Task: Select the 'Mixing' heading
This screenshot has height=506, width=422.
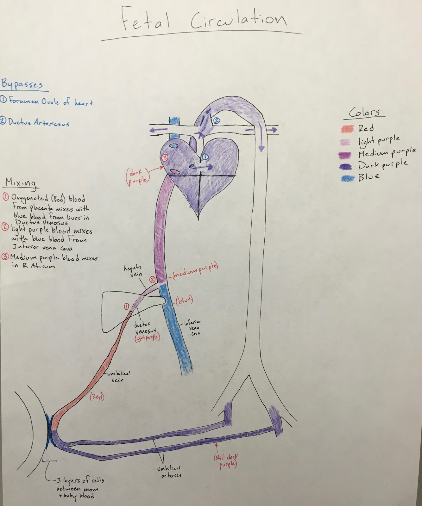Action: point(21,183)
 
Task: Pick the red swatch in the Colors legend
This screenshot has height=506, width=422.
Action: point(348,129)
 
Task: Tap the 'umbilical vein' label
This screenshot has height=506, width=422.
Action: point(118,377)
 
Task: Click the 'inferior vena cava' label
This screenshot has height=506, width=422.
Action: point(193,328)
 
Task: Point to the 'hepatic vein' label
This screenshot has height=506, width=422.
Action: point(133,271)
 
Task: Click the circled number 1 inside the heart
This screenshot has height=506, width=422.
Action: point(205,157)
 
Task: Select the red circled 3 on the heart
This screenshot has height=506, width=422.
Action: point(165,158)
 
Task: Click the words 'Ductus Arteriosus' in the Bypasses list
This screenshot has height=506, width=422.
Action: point(39,123)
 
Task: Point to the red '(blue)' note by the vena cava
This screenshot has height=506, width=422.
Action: point(184,300)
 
